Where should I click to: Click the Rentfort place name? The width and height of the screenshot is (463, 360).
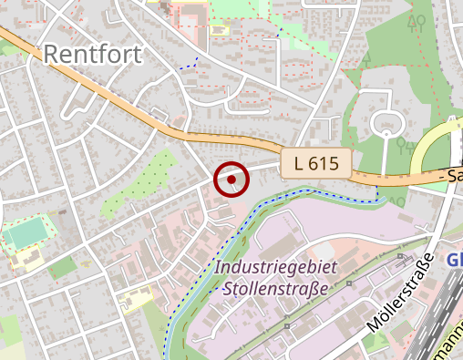click(92, 55)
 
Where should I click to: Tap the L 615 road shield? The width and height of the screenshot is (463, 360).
click(315, 164)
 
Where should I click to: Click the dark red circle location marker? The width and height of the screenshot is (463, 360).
click(231, 180)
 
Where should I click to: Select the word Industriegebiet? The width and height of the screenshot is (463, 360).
click(276, 268)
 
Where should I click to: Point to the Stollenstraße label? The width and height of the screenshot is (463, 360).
click(274, 290)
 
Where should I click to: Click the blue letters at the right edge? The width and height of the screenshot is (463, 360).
click(455, 260)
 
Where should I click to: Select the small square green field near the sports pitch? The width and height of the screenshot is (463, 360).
click(62, 268)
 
